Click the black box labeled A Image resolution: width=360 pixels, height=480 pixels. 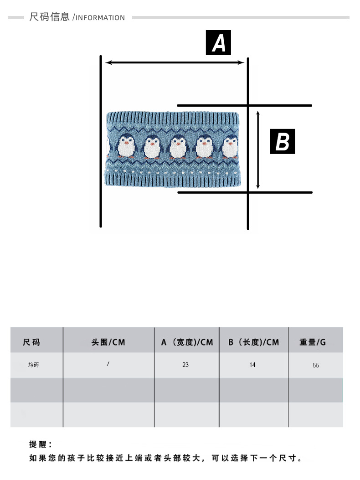click(x=219, y=43)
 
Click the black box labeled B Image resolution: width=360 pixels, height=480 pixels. click(x=283, y=141)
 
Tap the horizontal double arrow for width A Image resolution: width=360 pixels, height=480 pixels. click(x=175, y=63)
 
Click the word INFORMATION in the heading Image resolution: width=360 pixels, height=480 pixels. click(x=100, y=18)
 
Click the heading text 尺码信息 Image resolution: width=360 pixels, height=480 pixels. click(x=49, y=17)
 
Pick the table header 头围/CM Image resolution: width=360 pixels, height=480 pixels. click(x=108, y=342)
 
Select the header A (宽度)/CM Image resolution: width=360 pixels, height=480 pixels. click(x=187, y=342)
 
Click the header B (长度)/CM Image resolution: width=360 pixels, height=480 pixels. click(x=253, y=342)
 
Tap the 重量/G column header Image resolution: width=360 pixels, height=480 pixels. click(x=313, y=342)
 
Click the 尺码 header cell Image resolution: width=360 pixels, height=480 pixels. click(x=32, y=342)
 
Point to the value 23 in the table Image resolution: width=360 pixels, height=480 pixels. click(x=185, y=365)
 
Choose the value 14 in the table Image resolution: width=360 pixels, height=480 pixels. click(x=252, y=365)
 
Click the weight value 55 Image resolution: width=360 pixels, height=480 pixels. click(x=316, y=365)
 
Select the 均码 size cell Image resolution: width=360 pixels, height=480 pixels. click(x=33, y=365)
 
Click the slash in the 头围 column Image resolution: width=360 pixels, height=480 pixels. click(x=108, y=364)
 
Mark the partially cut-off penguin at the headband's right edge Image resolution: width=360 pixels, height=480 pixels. click(x=230, y=147)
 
